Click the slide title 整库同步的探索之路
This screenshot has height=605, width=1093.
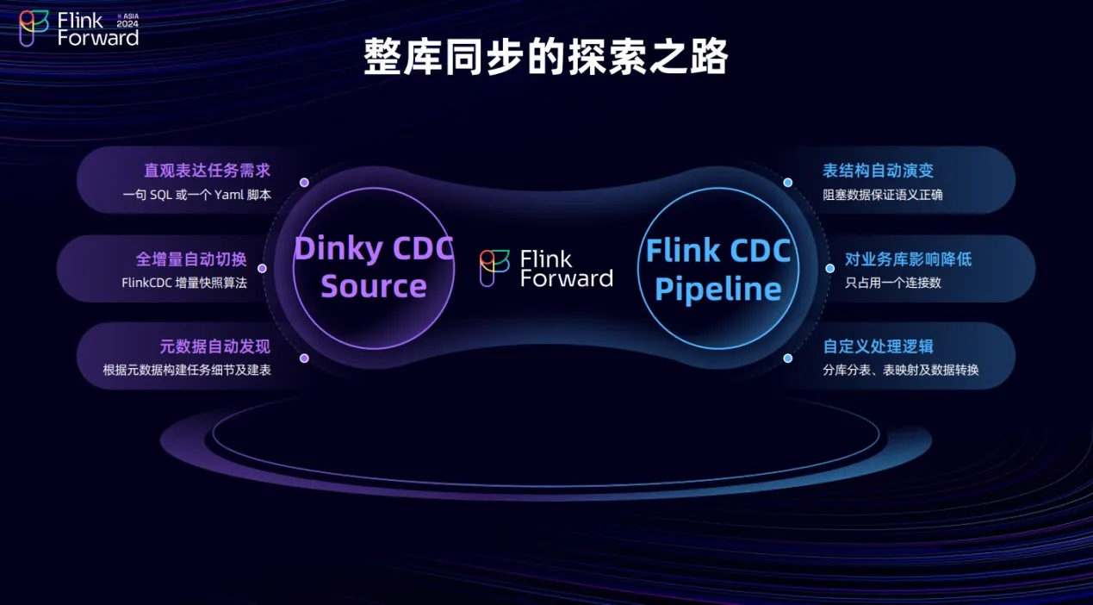click(546, 58)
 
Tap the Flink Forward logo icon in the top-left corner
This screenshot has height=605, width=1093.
click(34, 28)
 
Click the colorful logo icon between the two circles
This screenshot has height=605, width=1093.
click(494, 268)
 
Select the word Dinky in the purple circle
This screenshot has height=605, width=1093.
click(339, 249)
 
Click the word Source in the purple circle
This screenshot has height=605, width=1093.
click(374, 286)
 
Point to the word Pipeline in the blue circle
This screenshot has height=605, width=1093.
click(718, 289)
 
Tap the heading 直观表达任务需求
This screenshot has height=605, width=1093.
click(207, 171)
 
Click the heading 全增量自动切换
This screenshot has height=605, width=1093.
click(191, 259)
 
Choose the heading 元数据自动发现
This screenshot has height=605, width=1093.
click(214, 346)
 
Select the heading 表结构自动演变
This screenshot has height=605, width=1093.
click(878, 171)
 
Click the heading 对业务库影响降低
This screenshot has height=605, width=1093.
click(908, 259)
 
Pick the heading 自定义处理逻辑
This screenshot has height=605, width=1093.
click(878, 346)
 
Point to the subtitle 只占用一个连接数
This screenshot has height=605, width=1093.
click(892, 283)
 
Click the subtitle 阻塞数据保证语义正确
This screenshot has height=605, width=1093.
click(882, 195)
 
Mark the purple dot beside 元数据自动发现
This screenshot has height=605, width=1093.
click(304, 358)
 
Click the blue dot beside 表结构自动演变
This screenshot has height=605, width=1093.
click(787, 183)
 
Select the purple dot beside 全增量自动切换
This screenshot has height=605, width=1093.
click(262, 268)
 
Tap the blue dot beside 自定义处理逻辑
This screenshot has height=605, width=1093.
click(787, 358)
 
